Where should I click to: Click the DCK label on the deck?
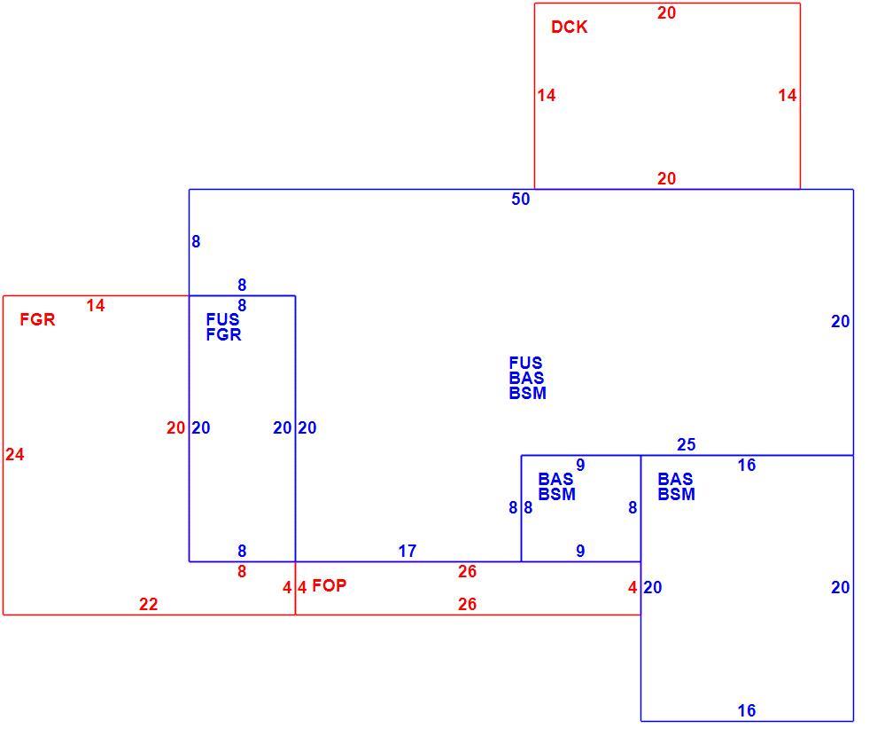pyautogui.click(x=569, y=27)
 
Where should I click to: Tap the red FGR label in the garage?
pyautogui.click(x=37, y=320)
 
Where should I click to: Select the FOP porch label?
pyautogui.click(x=329, y=585)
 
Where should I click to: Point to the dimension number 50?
pyautogui.click(x=520, y=199)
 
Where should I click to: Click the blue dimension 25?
pyautogui.click(x=687, y=444)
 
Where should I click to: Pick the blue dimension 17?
pyautogui.click(x=407, y=551)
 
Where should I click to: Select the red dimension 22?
pyautogui.click(x=148, y=604)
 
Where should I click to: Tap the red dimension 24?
pyautogui.click(x=15, y=454)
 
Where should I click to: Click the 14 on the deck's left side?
pyautogui.click(x=547, y=95)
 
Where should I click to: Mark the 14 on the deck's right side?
pyautogui.click(x=787, y=95)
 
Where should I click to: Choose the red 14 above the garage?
pyautogui.click(x=96, y=306)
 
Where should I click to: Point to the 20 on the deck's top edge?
pyautogui.click(x=666, y=13)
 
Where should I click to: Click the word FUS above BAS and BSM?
pyautogui.click(x=525, y=363)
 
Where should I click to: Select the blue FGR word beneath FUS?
pyautogui.click(x=224, y=335)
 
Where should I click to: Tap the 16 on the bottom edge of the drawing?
pyautogui.click(x=747, y=710)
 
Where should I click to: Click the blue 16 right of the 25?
pyautogui.click(x=747, y=465)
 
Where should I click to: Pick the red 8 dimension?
pyautogui.click(x=242, y=572)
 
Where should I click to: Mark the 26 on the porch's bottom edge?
pyautogui.click(x=467, y=604)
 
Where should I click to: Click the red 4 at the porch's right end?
pyautogui.click(x=633, y=587)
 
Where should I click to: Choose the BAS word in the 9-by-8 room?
pyautogui.click(x=556, y=479)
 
